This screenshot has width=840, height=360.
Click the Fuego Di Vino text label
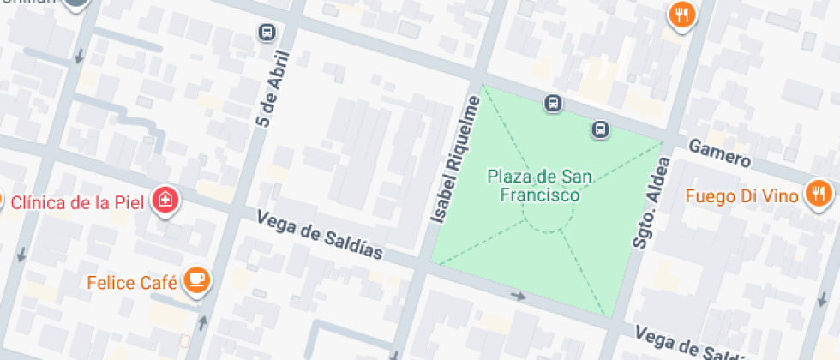tap(742, 195)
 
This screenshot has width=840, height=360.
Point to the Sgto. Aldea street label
tap(650, 202)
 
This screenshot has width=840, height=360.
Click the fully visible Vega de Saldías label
tap(320, 236)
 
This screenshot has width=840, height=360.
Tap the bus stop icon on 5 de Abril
tap(267, 33)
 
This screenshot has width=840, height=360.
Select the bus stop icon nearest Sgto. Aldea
tap(600, 129)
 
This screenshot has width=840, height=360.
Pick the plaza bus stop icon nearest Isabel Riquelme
tap(554, 104)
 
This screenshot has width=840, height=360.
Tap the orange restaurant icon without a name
tap(682, 15)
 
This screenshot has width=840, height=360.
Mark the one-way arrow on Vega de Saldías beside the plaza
tap(518, 296)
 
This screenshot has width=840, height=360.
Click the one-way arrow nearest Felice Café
tap(203, 322)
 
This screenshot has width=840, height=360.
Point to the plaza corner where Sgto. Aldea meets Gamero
tap(663, 141)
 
